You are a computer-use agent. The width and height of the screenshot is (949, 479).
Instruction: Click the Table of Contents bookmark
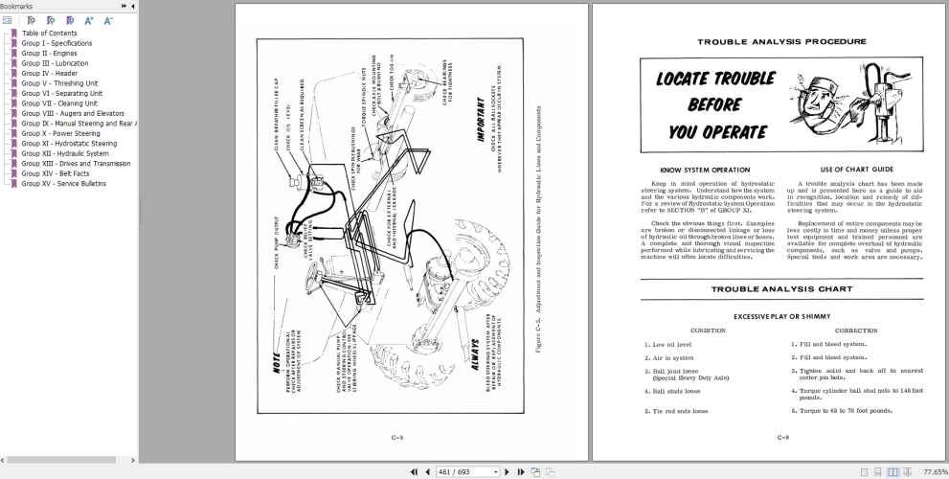pos(50,34)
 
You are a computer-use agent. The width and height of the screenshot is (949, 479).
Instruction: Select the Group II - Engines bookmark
pos(50,54)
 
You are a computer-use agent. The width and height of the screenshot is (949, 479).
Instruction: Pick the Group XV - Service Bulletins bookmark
pos(64,183)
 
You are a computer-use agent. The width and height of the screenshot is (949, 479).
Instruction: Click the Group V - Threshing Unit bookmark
pos(59,83)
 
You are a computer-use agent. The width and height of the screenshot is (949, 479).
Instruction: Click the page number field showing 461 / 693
pos(467,471)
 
